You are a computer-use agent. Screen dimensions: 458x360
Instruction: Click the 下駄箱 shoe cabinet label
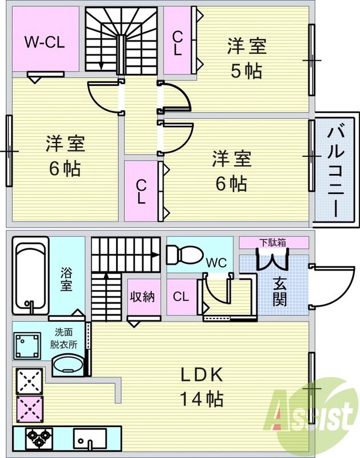[x=272, y=242]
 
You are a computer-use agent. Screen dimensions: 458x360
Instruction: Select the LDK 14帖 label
[x=201, y=386]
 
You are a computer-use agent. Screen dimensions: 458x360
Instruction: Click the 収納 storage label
[x=143, y=298]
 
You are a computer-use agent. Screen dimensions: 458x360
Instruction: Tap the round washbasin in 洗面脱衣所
[x=67, y=365]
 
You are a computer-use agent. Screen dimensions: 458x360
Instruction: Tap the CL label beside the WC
[x=181, y=297]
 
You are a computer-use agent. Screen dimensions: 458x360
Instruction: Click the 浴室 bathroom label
[x=67, y=278]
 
